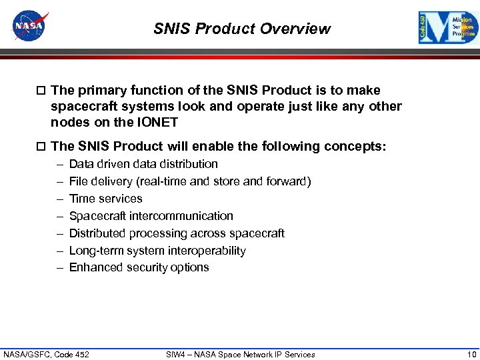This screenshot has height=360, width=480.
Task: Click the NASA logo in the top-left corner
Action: click(x=31, y=27)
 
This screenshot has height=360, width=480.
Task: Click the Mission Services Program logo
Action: click(x=448, y=28)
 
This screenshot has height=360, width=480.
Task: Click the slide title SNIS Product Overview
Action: click(x=241, y=29)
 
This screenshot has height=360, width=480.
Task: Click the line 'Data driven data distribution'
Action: click(x=143, y=164)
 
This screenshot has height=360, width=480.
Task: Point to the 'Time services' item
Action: click(x=105, y=199)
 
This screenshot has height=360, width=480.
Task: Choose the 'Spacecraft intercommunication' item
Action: click(x=151, y=216)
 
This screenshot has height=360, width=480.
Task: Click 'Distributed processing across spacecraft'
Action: click(x=177, y=233)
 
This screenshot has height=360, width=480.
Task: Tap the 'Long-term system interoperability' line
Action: click(x=157, y=251)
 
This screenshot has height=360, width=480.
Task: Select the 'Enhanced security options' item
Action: click(x=139, y=267)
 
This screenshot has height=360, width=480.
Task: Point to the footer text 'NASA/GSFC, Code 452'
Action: click(x=47, y=354)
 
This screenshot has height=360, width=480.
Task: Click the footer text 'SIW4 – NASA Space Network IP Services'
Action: click(x=240, y=354)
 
